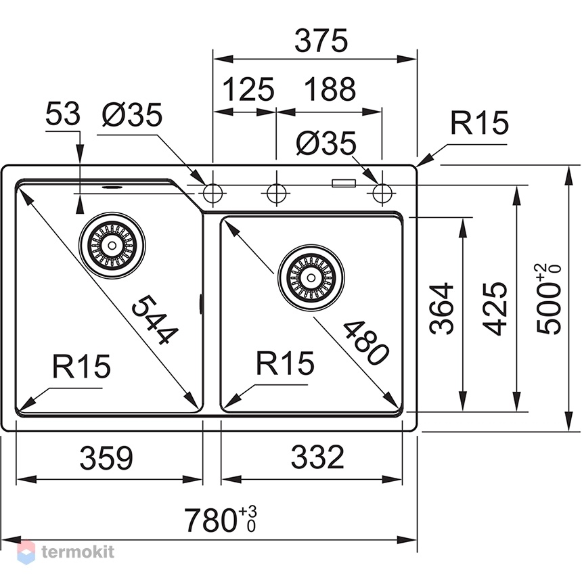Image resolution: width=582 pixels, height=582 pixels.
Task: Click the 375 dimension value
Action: (321, 41)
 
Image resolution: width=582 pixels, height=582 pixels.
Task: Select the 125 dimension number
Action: (248, 89)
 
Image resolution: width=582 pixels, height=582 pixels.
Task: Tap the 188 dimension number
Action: (330, 89)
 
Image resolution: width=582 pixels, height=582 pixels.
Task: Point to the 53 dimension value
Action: (62, 114)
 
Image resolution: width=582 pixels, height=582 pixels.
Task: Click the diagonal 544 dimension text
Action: (154, 319)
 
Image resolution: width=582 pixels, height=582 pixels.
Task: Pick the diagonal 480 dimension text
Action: (366, 342)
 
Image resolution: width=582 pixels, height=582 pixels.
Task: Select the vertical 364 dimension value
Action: (441, 309)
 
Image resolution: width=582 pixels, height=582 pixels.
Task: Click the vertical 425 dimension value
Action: (495, 309)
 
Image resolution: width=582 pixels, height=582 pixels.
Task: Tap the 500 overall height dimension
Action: (549, 299)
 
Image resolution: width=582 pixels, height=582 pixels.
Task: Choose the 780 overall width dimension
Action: (221, 519)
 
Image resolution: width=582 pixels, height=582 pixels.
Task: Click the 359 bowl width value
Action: (106, 457)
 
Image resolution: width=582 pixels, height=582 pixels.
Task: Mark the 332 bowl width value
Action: (317, 457)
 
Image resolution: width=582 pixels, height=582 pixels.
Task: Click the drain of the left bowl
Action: (112, 246)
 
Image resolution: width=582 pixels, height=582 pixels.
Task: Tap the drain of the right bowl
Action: (311, 277)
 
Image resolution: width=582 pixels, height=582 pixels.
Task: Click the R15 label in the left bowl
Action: (81, 366)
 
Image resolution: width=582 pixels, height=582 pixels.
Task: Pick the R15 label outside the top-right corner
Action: (479, 123)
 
